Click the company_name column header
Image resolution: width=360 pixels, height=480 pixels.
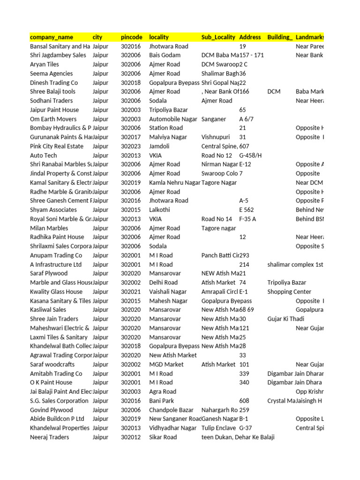[x=52, y=37]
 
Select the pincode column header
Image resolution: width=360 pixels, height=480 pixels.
[x=132, y=37]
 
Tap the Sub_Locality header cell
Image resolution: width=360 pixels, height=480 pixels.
[x=218, y=37]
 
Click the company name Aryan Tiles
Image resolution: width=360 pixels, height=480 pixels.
[x=45, y=64]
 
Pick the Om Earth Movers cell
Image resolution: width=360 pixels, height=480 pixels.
[x=53, y=119]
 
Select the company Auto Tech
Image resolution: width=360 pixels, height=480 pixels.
[x=43, y=155]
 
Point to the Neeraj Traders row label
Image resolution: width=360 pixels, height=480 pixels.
[x=49, y=437]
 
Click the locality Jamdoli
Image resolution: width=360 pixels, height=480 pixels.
[x=160, y=146]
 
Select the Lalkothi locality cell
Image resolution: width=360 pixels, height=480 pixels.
[x=160, y=210]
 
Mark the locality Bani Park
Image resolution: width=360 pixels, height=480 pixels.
[x=162, y=401]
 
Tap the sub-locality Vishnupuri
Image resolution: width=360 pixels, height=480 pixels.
[x=216, y=137]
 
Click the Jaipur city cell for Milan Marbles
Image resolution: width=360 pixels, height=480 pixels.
[x=100, y=228]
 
